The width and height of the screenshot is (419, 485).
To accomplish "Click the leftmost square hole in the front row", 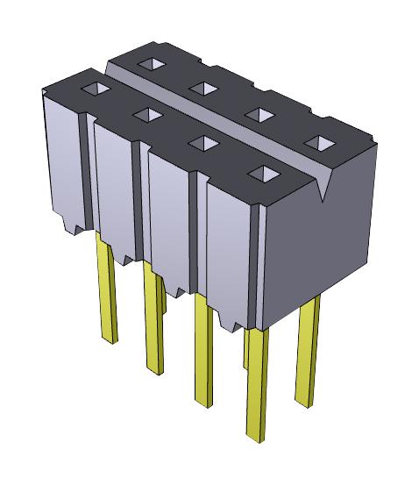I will [x=93, y=89].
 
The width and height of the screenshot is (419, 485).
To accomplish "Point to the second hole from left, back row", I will [x=202, y=87].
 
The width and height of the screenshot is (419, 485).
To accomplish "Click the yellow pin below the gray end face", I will [x=309, y=351].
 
